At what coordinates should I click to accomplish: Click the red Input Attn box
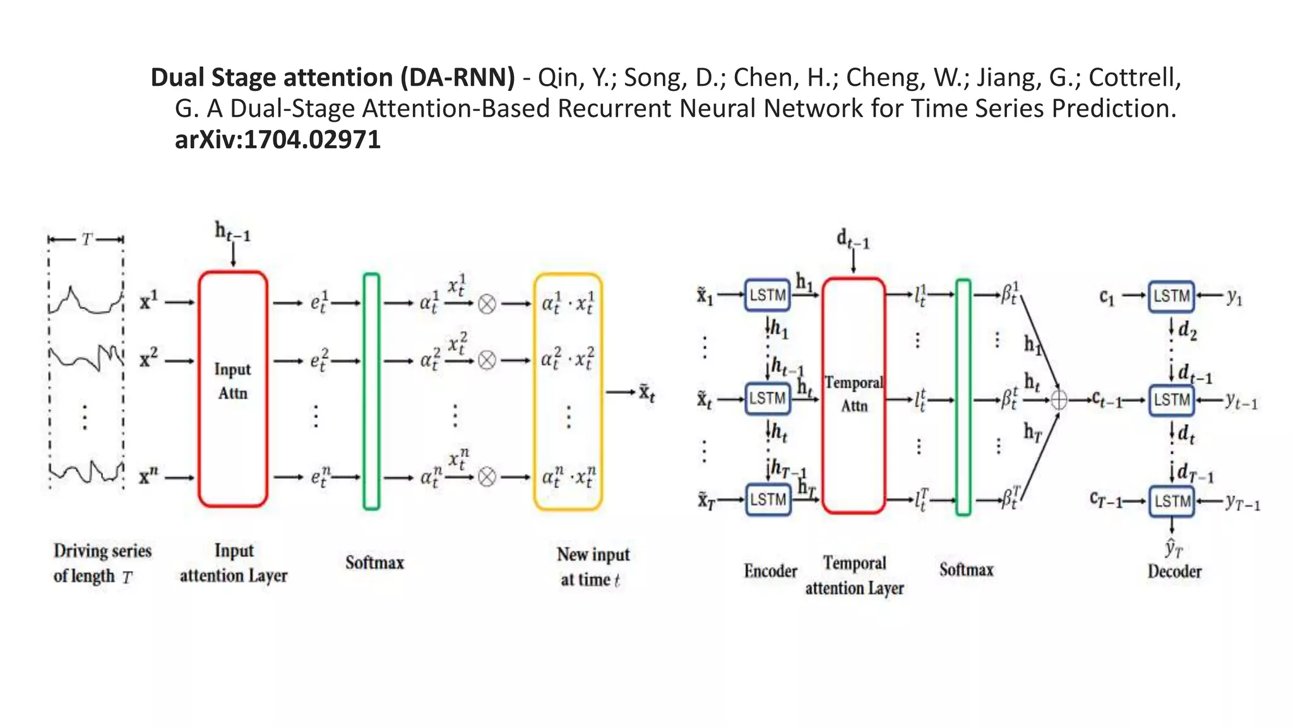pyautogui.click(x=232, y=389)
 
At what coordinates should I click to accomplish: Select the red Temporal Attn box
pyautogui.click(x=853, y=395)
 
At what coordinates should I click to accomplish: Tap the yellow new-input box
pyautogui.click(x=568, y=391)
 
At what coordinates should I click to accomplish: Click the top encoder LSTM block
pyautogui.click(x=767, y=295)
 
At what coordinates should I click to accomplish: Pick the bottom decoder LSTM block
pyautogui.click(x=1171, y=501)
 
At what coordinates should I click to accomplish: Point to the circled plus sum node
pyautogui.click(x=1059, y=400)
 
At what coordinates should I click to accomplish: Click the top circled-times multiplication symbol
pyautogui.click(x=487, y=304)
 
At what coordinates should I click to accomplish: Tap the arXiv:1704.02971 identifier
pyautogui.click(x=278, y=139)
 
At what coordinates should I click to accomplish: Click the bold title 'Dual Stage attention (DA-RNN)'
pyautogui.click(x=333, y=78)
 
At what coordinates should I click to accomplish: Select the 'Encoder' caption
pyautogui.click(x=770, y=571)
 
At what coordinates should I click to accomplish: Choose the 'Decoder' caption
pyautogui.click(x=1174, y=571)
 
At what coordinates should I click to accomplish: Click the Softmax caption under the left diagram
pyautogui.click(x=374, y=562)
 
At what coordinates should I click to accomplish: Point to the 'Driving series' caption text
pyautogui.click(x=102, y=551)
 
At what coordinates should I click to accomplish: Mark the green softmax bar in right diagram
pyautogui.click(x=963, y=397)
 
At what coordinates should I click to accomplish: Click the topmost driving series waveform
pyautogui.click(x=85, y=301)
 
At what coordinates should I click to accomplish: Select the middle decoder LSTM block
pyautogui.click(x=1171, y=399)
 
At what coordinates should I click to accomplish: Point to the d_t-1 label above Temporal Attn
pyautogui.click(x=852, y=239)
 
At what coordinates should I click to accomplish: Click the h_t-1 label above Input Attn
pyautogui.click(x=232, y=232)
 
